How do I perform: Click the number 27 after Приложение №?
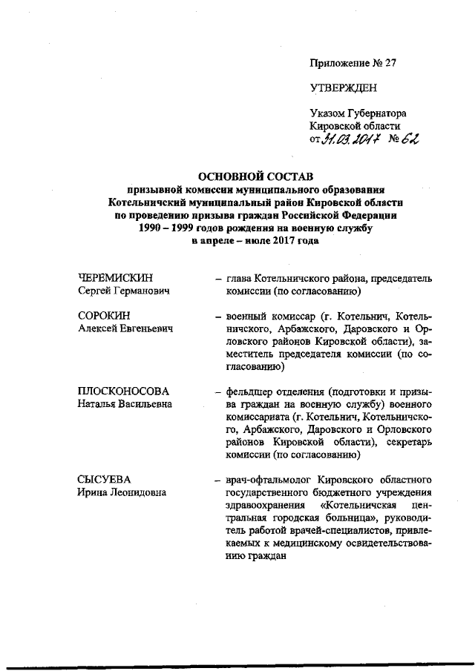(x=390, y=63)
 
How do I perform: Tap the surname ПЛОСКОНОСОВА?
(x=123, y=391)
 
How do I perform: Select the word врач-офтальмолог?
(x=263, y=479)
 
